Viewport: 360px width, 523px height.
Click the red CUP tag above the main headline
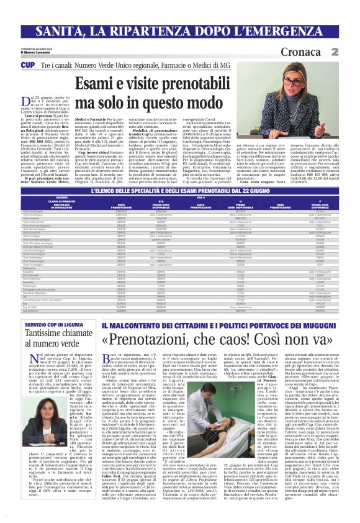[x=28, y=65]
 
